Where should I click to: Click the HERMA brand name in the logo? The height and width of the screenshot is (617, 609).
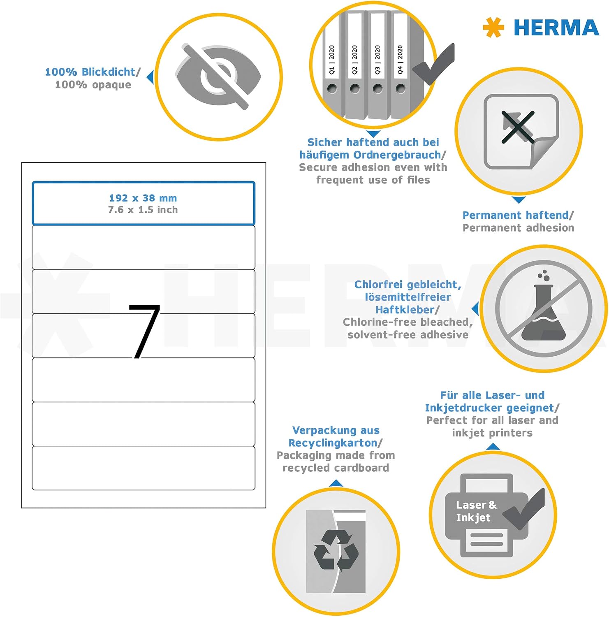coord(556,28)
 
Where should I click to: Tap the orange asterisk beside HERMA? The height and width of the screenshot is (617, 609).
coord(493,28)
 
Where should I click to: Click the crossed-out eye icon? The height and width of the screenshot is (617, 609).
coord(218,77)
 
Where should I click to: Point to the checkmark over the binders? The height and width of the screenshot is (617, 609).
coord(434,64)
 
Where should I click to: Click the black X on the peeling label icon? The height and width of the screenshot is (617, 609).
coord(518,127)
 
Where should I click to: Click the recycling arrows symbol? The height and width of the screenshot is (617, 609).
coord(336,550)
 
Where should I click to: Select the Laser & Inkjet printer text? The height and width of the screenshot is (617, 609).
coord(476,511)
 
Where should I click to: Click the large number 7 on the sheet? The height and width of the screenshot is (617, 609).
coord(144,332)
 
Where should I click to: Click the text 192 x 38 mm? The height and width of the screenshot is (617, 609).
coord(143,198)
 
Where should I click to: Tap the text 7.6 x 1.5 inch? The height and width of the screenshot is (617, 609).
coord(143,210)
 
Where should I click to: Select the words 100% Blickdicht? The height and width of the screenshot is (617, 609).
coord(90,72)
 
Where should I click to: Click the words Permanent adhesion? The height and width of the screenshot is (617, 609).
coord(518,227)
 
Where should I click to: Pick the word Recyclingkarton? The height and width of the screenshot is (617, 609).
coord(333,443)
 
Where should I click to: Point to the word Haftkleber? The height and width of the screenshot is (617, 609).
coord(405,310)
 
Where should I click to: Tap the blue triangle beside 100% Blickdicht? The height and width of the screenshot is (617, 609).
coord(151,77)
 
